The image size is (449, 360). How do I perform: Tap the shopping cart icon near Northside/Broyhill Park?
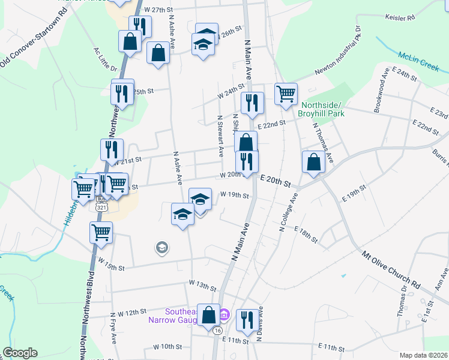coord(286,94)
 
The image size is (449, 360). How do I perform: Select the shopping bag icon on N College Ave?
coord(314,162)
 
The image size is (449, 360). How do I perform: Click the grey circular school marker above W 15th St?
coord(161,247)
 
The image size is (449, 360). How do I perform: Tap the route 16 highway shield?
coord(217,331)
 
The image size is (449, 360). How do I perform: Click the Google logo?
coord(20,353)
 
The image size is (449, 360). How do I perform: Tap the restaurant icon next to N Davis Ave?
coord(247,319)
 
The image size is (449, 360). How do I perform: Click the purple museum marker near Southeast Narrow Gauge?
coord(224,314)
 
